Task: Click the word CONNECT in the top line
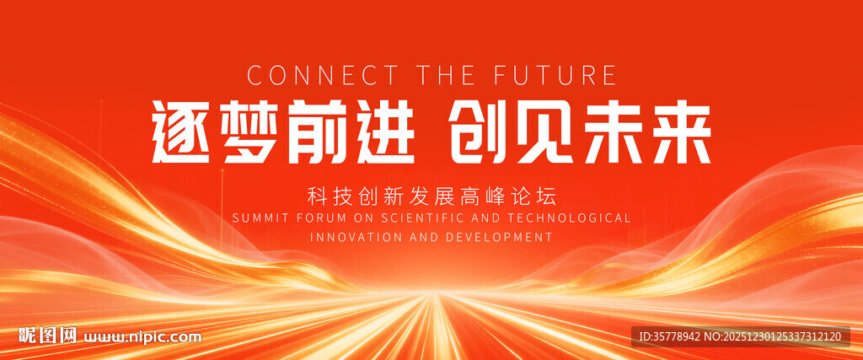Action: (323, 75)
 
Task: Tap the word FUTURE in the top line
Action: (555, 75)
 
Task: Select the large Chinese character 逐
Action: (181, 132)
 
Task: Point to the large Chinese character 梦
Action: (250, 132)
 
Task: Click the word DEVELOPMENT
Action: (499, 237)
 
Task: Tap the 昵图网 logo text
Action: (48, 336)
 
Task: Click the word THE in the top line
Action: (446, 75)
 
